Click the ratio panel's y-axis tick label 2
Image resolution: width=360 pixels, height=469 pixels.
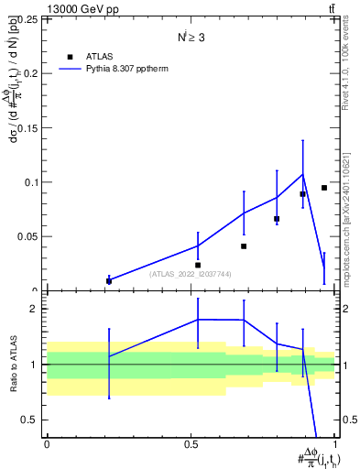tap(35, 310)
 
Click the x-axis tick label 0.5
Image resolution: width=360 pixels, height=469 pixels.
tap(191, 444)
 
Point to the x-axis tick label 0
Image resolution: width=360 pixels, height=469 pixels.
tap(47, 444)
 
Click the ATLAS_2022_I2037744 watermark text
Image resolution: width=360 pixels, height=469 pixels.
tap(191, 274)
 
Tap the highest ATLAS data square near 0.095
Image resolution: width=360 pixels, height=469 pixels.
tap(324, 188)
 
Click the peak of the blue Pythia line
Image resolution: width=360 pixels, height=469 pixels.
tap(302, 174)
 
